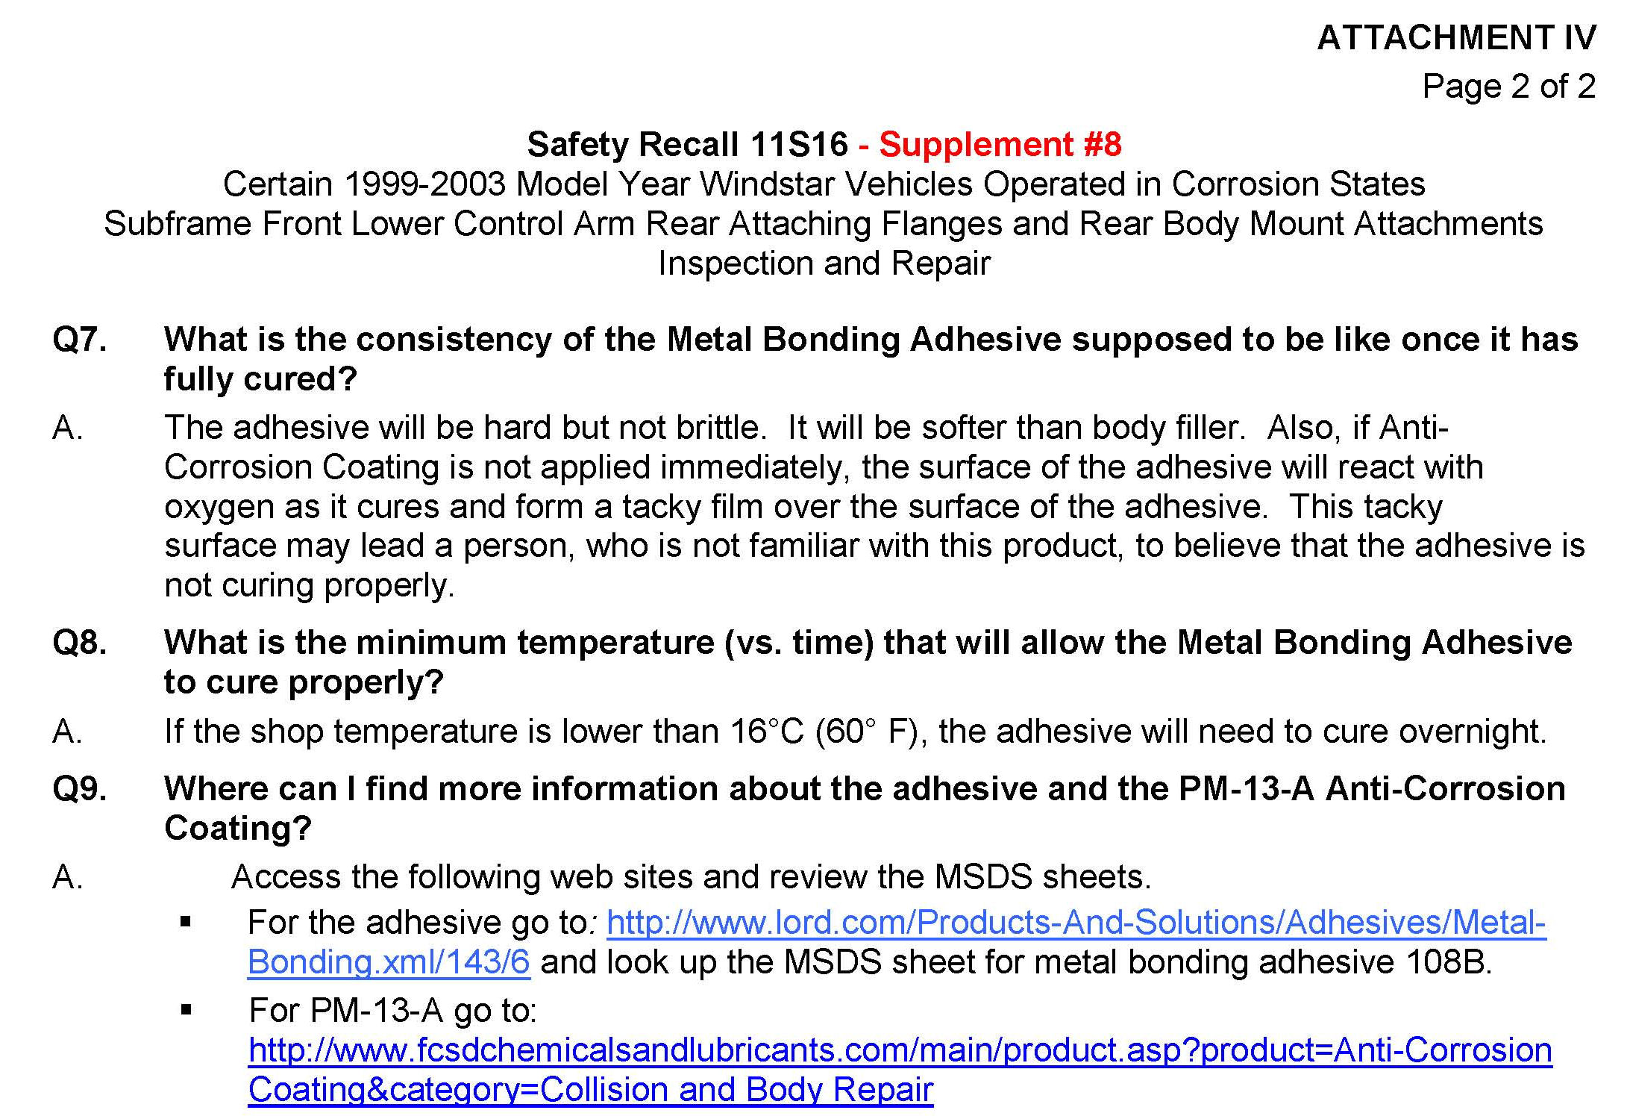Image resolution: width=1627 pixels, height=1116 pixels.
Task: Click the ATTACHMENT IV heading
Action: point(1455,38)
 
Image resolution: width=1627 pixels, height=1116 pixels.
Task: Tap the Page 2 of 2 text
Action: point(1508,87)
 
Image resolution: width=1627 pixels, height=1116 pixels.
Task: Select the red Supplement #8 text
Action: point(1000,145)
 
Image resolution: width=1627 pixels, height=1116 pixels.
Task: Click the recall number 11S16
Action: point(799,145)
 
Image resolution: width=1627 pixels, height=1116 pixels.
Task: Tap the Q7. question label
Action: point(79,340)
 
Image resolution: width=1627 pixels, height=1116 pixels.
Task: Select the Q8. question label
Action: point(79,643)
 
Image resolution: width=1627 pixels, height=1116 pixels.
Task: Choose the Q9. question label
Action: point(79,789)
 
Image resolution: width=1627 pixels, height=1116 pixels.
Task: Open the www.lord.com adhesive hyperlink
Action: point(1075,923)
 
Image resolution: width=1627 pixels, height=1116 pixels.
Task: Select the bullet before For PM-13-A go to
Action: point(186,1011)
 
